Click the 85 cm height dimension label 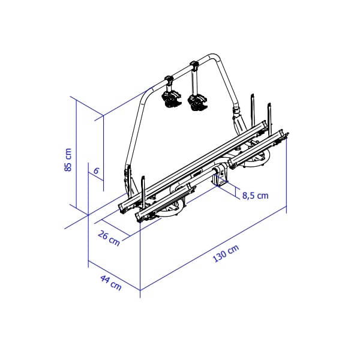68,160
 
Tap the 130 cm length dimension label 226,253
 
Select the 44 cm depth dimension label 110,283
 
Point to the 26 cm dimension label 109,239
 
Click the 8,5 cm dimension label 256,196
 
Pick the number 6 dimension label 96,171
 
